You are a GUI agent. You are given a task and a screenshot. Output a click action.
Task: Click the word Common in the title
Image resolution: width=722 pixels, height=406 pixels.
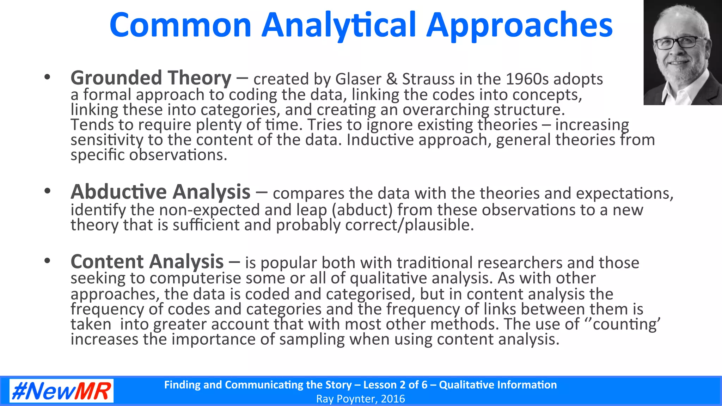pyautogui.click(x=180, y=25)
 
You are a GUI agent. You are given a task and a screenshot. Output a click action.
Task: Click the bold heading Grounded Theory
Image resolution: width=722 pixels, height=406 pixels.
pyautogui.click(x=151, y=78)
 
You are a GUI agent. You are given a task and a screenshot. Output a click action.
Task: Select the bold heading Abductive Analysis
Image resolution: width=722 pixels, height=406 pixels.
pyautogui.click(x=160, y=192)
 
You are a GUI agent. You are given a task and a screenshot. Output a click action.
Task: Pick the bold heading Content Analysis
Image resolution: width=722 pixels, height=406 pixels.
pyautogui.click(x=147, y=262)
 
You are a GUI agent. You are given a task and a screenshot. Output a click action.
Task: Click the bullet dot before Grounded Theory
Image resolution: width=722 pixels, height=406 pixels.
pyautogui.click(x=47, y=77)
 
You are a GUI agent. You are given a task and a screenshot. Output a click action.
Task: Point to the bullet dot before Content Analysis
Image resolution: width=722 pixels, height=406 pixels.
pyautogui.click(x=47, y=261)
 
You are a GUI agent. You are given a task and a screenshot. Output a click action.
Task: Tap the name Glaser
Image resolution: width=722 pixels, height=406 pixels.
pyautogui.click(x=358, y=79)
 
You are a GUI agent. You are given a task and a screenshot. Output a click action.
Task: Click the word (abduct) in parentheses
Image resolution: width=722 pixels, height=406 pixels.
pyautogui.click(x=362, y=210)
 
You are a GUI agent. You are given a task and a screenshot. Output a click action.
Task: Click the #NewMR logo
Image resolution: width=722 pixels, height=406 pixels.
pyautogui.click(x=61, y=391)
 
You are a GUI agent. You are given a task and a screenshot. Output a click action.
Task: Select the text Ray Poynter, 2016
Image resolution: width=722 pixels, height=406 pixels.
pyautogui.click(x=360, y=399)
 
